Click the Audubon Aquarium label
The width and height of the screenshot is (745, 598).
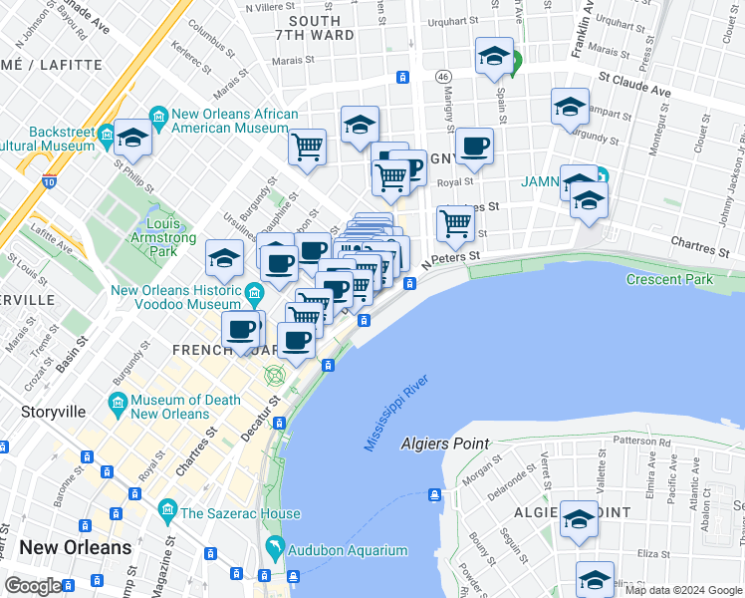click(347, 550)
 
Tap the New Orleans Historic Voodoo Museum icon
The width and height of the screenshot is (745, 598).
click(254, 292)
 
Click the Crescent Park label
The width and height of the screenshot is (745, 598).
click(669, 279)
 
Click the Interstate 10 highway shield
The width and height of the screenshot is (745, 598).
click(50, 182)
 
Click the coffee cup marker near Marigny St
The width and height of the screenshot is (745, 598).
click(474, 146)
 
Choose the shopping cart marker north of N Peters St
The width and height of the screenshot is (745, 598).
click(455, 222)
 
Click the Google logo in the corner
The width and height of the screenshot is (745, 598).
click(33, 586)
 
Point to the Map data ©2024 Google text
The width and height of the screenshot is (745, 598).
click(683, 590)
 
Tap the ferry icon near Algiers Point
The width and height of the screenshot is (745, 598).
click(435, 495)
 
